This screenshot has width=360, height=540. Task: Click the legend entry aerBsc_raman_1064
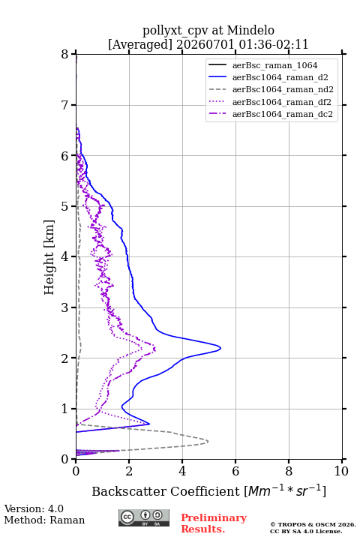tap(274, 65)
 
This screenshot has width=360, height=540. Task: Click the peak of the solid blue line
tap(220, 348)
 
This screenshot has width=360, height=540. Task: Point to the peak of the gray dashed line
tap(208, 441)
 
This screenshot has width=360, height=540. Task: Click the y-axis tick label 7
tap(65, 105)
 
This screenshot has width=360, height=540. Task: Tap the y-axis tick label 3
tap(65, 307)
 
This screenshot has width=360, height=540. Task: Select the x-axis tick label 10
tap(341, 471)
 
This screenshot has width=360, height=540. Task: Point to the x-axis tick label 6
tap(235, 471)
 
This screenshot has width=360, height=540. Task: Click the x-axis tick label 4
tap(182, 471)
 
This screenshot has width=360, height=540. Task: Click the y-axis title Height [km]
tap(49, 257)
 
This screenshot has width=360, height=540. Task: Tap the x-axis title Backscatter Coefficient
tap(165, 491)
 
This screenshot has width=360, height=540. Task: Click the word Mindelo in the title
tap(250, 30)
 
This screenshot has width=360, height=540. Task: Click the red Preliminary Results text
tap(214, 523)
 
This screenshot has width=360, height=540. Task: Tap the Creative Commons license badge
tap(144, 517)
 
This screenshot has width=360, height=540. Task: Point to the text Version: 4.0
tap(34, 508)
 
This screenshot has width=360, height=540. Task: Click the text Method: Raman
tap(44, 520)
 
